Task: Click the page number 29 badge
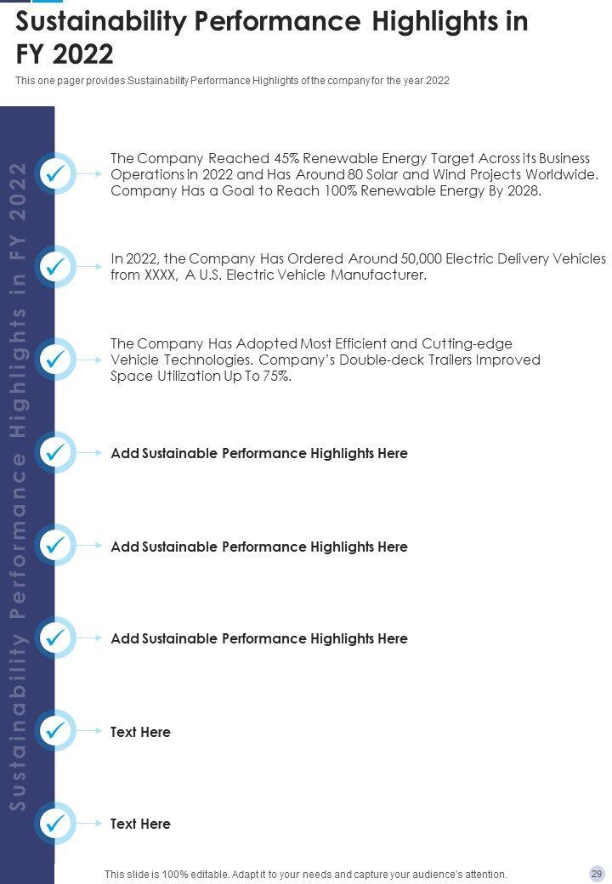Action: pyautogui.click(x=597, y=874)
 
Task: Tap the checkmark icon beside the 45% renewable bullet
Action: pyautogui.click(x=55, y=173)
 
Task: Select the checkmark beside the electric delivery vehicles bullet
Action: pyautogui.click(x=55, y=267)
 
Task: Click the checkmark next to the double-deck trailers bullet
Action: pyautogui.click(x=55, y=360)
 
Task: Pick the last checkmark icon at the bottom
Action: pyautogui.click(x=55, y=824)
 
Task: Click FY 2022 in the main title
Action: pyautogui.click(x=65, y=54)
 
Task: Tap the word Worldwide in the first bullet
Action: pyautogui.click(x=561, y=175)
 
